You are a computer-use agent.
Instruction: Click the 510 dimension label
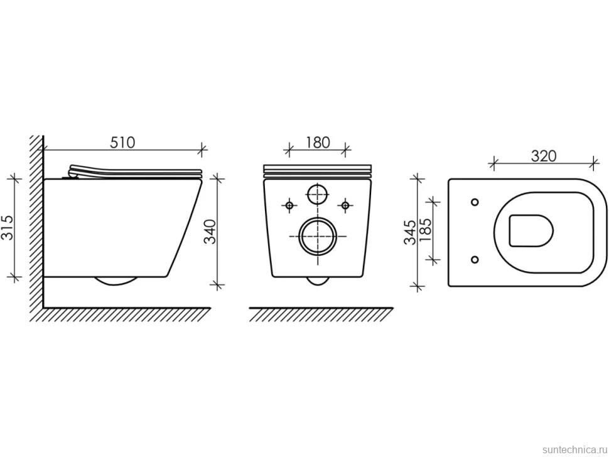122,142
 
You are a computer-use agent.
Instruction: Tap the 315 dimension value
8,227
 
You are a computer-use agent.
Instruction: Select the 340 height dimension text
210,232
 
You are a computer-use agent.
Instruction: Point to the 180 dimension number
317,142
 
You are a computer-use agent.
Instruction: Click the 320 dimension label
544,156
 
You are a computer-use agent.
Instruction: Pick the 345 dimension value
410,232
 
